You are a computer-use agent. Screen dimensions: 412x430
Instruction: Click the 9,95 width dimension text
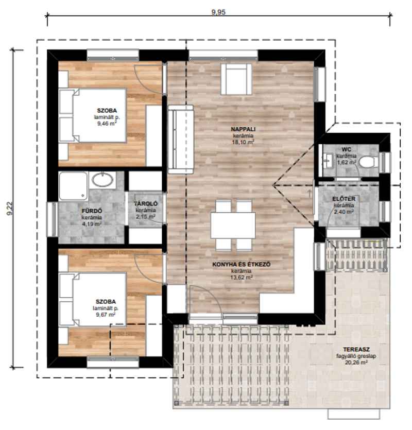[218, 12]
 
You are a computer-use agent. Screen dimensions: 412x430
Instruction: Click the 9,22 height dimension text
[10, 209]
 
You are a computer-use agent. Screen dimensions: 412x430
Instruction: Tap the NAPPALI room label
[243, 129]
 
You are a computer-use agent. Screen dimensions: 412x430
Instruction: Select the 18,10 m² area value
[243, 142]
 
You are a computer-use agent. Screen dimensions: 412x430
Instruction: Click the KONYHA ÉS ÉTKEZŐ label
[242, 264]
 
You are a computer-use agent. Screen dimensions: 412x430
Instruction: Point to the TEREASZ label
[356, 349]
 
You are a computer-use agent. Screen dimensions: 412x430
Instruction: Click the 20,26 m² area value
[356, 362]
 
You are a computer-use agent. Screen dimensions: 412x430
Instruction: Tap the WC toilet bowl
[368, 162]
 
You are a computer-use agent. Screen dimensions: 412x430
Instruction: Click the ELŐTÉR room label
[344, 199]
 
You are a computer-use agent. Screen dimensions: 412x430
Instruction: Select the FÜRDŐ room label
[92, 211]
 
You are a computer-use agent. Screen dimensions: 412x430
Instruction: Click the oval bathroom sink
[102, 180]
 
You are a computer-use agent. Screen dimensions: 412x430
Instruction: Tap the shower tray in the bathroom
[74, 186]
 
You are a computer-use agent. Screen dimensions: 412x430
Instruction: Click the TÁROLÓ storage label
[146, 204]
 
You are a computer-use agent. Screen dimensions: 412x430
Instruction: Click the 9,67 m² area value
[106, 315]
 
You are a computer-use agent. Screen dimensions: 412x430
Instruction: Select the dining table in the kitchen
[233, 226]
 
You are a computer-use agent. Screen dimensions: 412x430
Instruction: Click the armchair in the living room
[236, 79]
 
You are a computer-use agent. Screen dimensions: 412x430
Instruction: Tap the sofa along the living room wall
[181, 140]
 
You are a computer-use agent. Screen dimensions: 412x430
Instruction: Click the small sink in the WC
[327, 158]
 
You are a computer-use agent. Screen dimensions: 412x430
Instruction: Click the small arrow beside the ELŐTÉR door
[310, 193]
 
